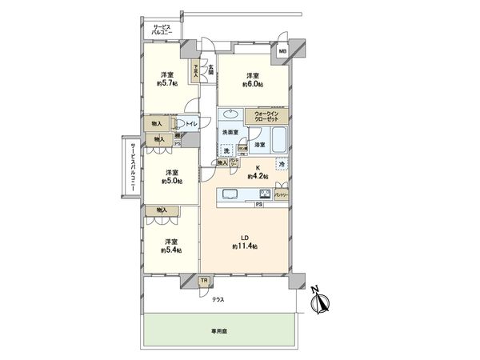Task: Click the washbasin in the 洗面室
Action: (x=233, y=114)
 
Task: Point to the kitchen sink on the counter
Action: (x=227, y=194)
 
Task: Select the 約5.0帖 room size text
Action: (x=170, y=181)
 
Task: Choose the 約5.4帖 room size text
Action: (x=170, y=250)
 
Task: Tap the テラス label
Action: (x=218, y=299)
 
